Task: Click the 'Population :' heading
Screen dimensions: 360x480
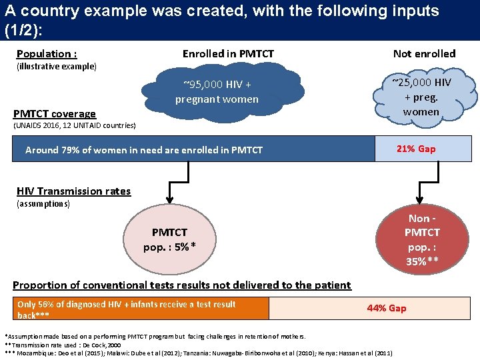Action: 46,54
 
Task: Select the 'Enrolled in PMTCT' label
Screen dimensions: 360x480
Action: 228,53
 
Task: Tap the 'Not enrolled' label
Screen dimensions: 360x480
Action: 424,53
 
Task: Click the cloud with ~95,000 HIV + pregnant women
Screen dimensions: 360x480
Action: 217,93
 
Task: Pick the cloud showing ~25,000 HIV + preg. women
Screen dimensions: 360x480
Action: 421,97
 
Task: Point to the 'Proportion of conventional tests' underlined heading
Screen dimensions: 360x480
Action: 181,285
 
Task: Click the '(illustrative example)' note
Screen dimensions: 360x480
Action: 56,67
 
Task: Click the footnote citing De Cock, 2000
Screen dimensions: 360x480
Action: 62,344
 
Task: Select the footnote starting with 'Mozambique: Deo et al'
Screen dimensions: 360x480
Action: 200,352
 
